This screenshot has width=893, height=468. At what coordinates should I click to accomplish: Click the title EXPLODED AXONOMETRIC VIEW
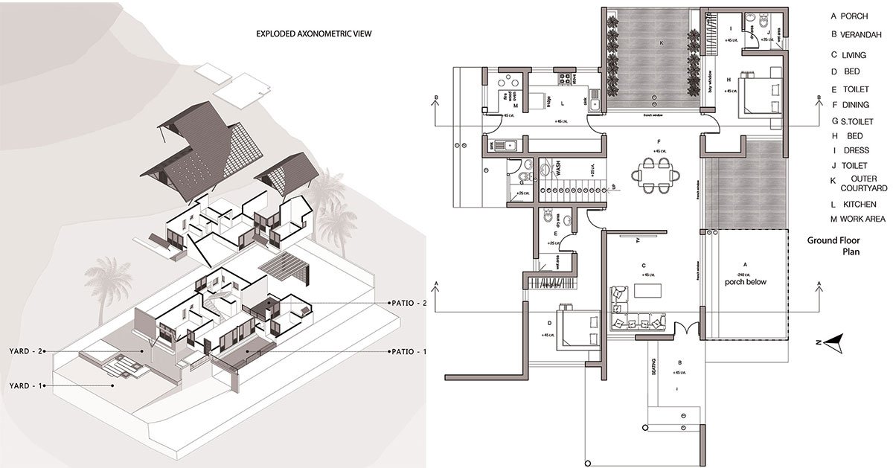313,33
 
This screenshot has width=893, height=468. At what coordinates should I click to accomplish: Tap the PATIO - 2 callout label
408,303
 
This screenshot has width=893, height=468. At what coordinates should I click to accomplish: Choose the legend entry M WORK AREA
858,219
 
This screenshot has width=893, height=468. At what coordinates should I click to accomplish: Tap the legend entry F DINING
851,105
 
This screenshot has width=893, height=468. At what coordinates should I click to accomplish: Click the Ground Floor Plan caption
841,246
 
